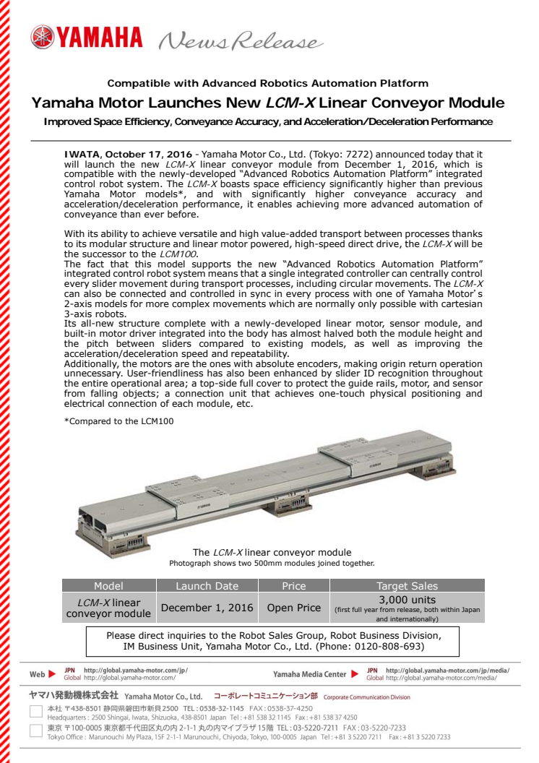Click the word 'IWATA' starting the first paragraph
81,155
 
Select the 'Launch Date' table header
207,586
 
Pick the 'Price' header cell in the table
293,586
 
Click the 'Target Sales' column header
407,586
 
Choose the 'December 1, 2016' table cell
207,608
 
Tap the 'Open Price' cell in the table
293,608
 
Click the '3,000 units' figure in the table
407,600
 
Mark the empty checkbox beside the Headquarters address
35,712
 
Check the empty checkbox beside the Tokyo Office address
35,733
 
